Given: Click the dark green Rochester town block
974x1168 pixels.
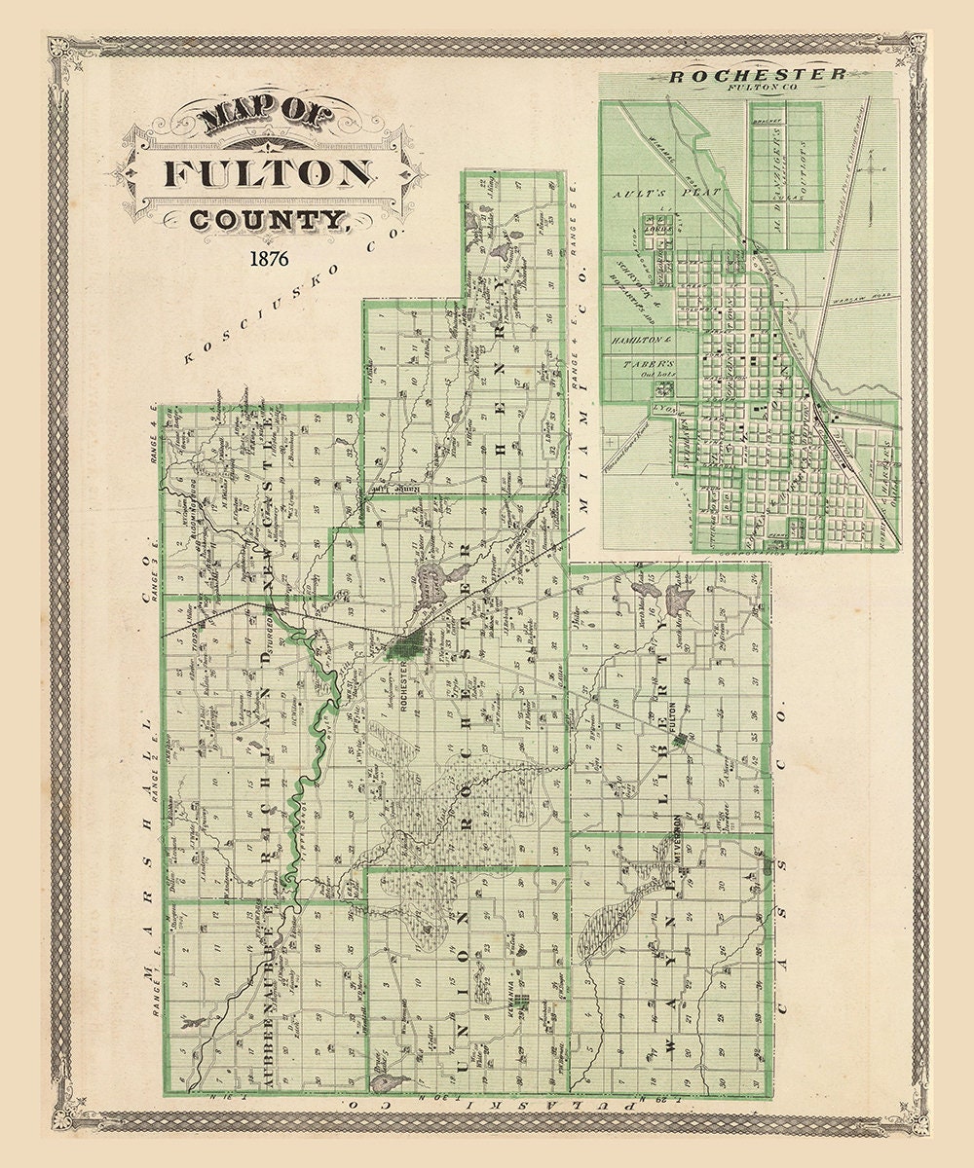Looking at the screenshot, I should pyautogui.click(x=406, y=642).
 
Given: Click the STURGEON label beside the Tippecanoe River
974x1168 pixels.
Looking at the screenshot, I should pyautogui.click(x=265, y=631).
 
